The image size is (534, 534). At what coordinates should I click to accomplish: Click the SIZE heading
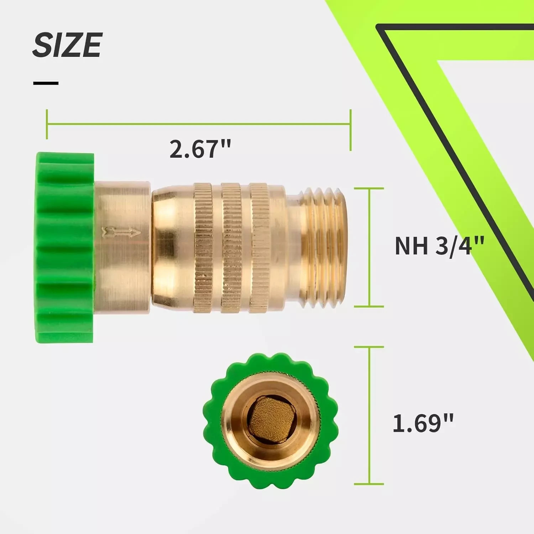tap(68, 45)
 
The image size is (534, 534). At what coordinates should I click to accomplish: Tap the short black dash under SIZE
tap(46, 83)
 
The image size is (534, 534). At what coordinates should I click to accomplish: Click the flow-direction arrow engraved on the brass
tap(121, 233)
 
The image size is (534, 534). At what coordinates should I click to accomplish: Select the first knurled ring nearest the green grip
tap(203, 248)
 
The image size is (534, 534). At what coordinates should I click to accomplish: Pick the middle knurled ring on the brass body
tap(232, 248)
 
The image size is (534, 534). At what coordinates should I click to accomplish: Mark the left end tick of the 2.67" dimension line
tap(47, 124)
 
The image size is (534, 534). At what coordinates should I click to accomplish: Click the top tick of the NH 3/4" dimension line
tap(369, 188)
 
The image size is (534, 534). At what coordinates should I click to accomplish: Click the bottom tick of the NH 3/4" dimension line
tap(369, 306)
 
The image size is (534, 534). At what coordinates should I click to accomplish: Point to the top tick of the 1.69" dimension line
tap(369, 347)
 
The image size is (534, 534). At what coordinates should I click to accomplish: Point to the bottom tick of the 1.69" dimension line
tap(369, 484)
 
